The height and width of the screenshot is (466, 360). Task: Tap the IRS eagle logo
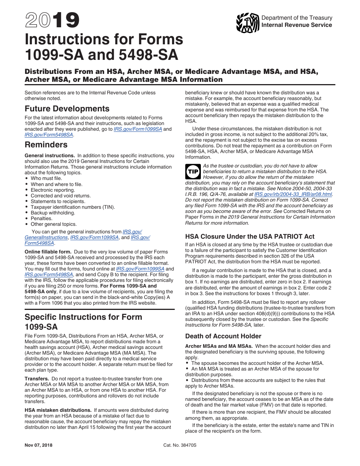tap(247, 23)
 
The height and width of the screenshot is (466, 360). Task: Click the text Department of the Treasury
tap(297, 18)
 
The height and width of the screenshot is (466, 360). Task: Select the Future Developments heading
tap(67, 109)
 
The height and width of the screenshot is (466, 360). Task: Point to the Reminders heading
tap(46, 145)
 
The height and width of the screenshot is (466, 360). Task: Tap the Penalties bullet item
tap(41, 219)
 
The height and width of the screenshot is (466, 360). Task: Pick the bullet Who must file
tap(46, 178)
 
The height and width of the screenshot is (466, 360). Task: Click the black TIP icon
tap(192, 172)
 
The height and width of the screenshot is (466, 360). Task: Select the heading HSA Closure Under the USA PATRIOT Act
tap(250, 236)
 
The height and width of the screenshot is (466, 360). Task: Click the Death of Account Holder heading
tap(223, 336)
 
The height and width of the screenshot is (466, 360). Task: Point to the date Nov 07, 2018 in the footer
tap(39, 445)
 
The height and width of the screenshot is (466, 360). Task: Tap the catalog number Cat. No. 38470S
tap(180, 445)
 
